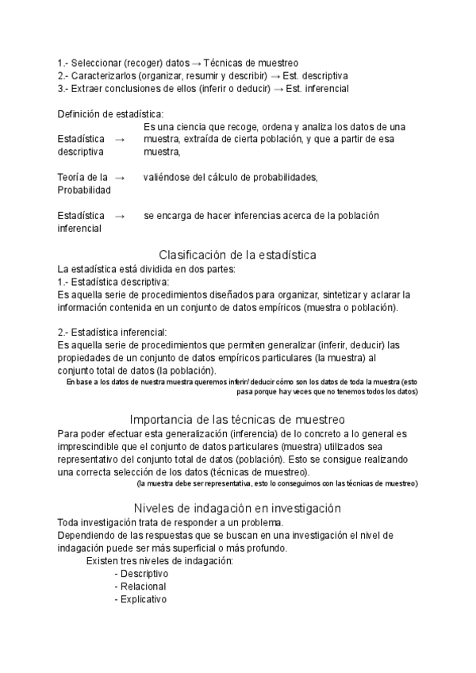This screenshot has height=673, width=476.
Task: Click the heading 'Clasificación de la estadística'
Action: (x=238, y=255)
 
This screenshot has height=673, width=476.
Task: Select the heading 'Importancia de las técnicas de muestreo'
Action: (x=237, y=419)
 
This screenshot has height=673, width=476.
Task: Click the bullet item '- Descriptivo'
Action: (x=141, y=574)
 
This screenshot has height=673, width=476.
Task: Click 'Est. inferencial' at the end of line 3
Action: (x=318, y=88)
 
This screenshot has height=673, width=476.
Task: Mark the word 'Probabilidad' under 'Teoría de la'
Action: (x=84, y=190)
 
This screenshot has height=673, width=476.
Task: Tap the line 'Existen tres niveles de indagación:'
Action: (x=159, y=561)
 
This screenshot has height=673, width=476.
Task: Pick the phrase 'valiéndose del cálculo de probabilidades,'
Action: (x=231, y=177)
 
